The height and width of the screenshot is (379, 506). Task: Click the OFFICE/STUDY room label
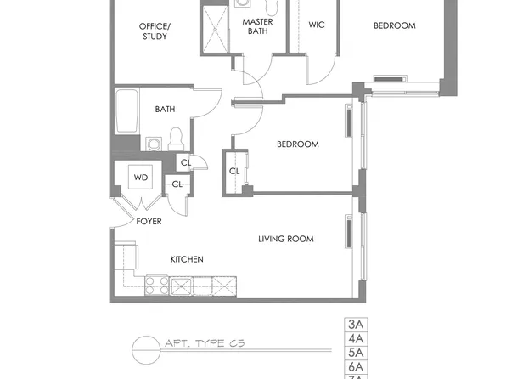coord(155,31)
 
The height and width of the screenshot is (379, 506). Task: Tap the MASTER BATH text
coord(257,26)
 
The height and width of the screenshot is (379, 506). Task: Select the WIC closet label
coord(317,25)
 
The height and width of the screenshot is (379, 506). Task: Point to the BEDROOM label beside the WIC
coord(395,25)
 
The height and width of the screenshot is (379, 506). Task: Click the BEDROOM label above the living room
coord(297,144)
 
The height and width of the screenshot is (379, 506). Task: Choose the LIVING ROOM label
coord(285,239)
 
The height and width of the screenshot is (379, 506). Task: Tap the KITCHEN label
coord(186,259)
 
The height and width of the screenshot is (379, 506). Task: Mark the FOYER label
coord(149,222)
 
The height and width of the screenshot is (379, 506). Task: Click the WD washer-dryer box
coord(140,178)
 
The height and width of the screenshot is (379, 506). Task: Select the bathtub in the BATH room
coord(127,111)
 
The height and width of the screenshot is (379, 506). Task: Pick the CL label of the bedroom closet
coord(233,171)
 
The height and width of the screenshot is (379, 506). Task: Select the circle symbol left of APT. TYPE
coord(145,348)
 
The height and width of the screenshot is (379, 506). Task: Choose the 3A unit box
coord(355,325)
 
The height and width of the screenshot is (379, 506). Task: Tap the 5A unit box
coord(355,352)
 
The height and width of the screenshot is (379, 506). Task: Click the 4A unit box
coord(355,338)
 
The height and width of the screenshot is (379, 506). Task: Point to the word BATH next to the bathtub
coord(165,109)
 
